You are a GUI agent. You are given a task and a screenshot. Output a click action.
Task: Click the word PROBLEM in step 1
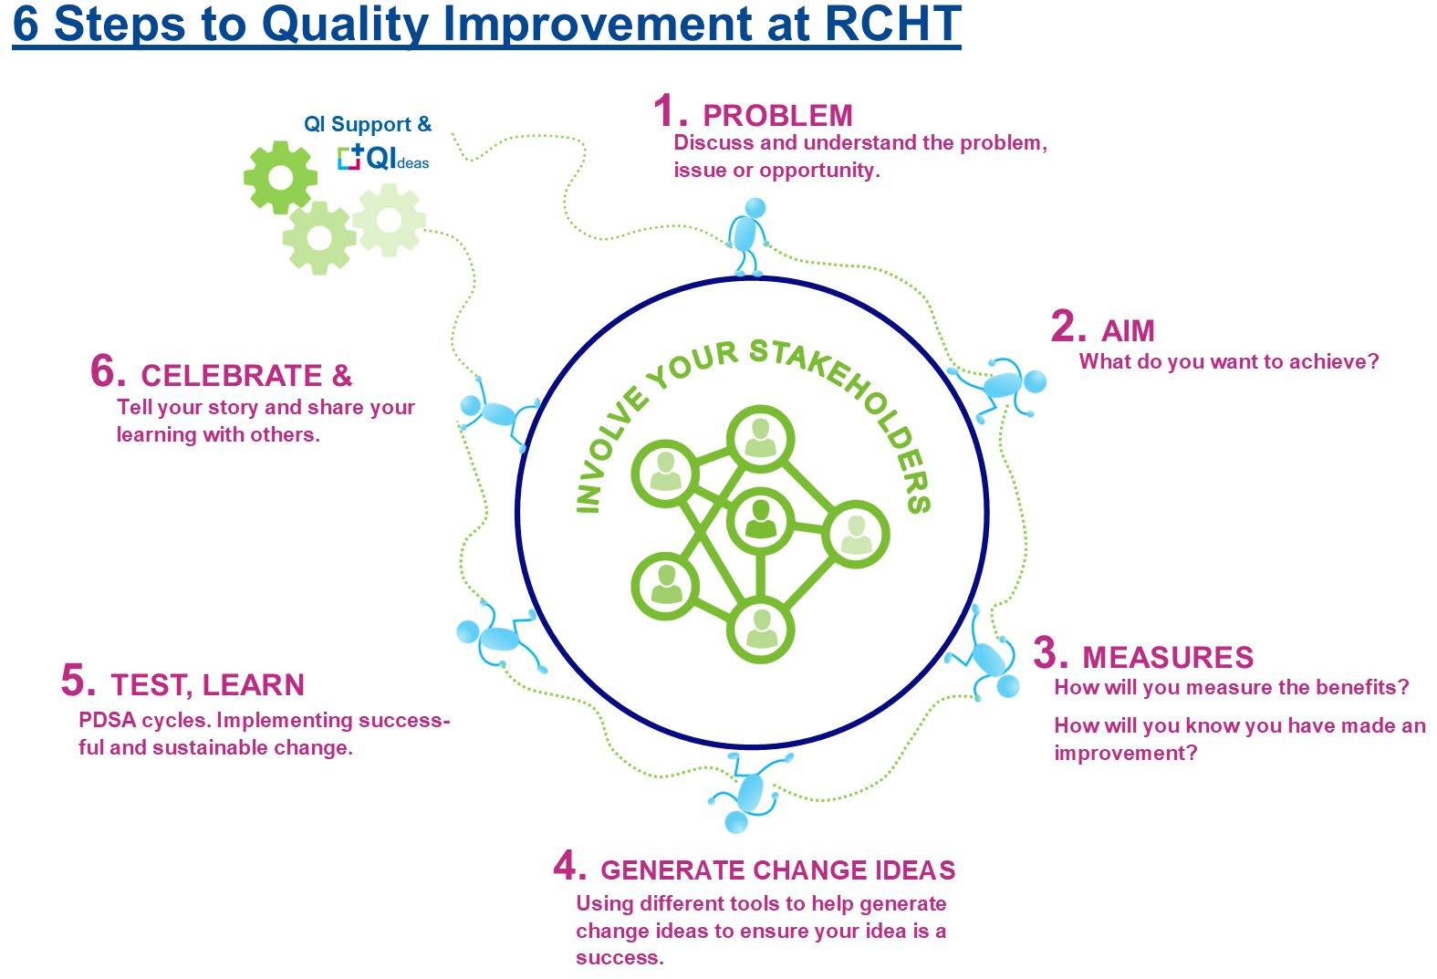[x=777, y=116]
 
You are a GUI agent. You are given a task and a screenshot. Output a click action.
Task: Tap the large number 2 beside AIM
[x=1067, y=327]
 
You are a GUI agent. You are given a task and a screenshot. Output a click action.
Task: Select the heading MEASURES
[x=1167, y=657]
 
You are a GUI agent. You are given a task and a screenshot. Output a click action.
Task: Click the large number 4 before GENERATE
[x=569, y=866]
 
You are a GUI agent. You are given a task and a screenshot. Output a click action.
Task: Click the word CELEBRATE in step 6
[x=231, y=375]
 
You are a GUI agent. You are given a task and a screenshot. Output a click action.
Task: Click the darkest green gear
[x=280, y=177]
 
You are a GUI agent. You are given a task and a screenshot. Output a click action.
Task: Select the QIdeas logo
[x=382, y=159]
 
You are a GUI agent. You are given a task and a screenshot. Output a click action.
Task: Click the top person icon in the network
[x=760, y=439]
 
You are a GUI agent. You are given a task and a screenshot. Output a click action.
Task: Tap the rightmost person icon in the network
[x=855, y=534]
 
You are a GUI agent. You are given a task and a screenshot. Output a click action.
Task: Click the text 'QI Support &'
[x=368, y=124]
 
